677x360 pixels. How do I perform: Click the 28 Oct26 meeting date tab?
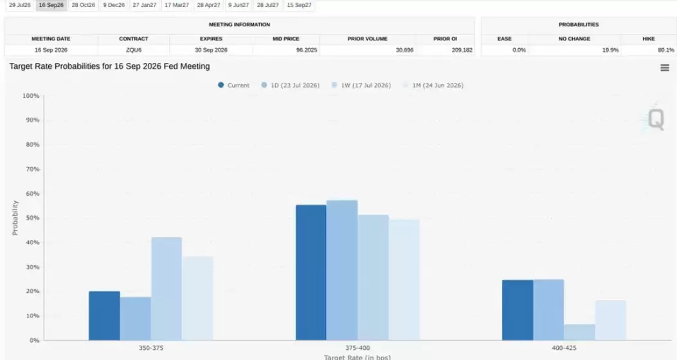tap(84, 5)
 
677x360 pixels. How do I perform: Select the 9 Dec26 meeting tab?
tap(114, 5)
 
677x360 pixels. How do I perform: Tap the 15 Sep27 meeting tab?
tap(299, 5)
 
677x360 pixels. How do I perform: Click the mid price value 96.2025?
tap(307, 50)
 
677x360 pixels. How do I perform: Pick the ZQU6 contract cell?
tap(134, 50)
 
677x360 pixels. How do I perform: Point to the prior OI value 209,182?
tap(462, 50)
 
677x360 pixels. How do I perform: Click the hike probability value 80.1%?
tap(666, 50)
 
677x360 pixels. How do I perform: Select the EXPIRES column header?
tap(211, 39)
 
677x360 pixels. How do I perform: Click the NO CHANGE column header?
tap(574, 39)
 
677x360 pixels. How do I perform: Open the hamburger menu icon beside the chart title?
tap(665, 67)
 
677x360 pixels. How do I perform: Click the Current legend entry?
tap(233, 85)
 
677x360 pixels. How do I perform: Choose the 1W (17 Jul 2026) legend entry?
tap(361, 85)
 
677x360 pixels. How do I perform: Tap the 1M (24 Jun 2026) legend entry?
tap(433, 85)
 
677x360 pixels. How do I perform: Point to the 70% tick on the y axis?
tap(32, 169)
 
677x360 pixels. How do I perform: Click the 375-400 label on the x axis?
tap(357, 348)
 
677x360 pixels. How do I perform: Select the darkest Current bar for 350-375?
tap(105, 316)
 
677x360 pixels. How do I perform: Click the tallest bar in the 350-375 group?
tap(167, 289)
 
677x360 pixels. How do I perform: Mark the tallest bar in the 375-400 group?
tap(342, 270)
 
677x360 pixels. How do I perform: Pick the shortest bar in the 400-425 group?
tap(579, 332)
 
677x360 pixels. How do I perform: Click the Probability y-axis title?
tap(15, 218)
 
